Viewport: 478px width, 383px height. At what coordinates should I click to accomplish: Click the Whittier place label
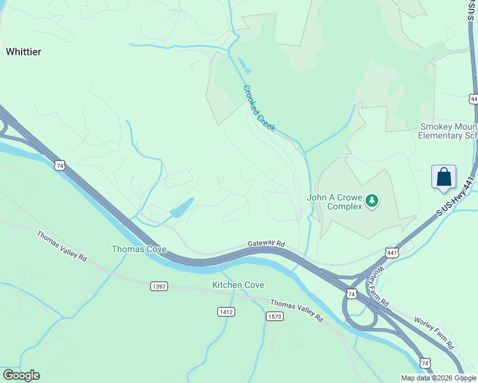click(24, 52)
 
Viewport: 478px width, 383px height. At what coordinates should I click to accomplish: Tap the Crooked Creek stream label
click(259, 109)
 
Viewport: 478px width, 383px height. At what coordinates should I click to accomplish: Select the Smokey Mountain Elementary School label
click(448, 131)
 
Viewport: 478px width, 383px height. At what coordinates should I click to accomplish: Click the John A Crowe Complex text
click(335, 202)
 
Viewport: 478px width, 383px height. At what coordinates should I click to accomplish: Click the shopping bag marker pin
click(443, 177)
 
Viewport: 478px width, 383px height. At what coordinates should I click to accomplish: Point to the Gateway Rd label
click(266, 243)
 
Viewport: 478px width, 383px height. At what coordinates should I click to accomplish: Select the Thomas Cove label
click(139, 249)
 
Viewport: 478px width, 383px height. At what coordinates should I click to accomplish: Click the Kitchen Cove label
click(238, 285)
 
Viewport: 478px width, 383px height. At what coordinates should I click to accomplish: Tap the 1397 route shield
click(159, 287)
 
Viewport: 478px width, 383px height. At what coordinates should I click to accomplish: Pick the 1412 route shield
click(226, 312)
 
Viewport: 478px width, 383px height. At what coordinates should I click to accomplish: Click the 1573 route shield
click(274, 316)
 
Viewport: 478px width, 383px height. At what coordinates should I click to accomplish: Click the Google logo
click(21, 375)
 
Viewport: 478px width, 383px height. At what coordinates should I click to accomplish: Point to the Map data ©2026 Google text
click(438, 378)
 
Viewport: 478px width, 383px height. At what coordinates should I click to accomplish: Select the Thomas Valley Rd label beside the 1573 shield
click(297, 310)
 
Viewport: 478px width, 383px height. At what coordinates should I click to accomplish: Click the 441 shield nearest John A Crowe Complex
click(392, 253)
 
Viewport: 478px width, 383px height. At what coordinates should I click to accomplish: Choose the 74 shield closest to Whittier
click(59, 165)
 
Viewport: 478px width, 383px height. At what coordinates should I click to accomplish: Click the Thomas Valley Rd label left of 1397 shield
click(61, 245)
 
